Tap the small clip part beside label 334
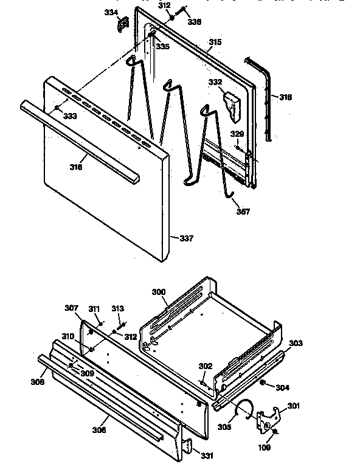123,23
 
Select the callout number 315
215,42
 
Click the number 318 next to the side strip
286,97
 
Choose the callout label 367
243,212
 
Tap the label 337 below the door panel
186,238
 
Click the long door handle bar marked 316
79,140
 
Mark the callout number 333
70,116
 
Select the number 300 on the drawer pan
159,292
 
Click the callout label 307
72,308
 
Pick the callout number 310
67,336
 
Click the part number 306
99,430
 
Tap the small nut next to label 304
262,384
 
